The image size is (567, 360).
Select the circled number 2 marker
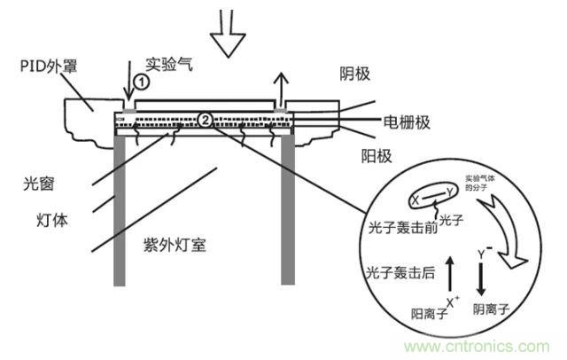point(206,119)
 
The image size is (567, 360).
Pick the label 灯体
point(38,216)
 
